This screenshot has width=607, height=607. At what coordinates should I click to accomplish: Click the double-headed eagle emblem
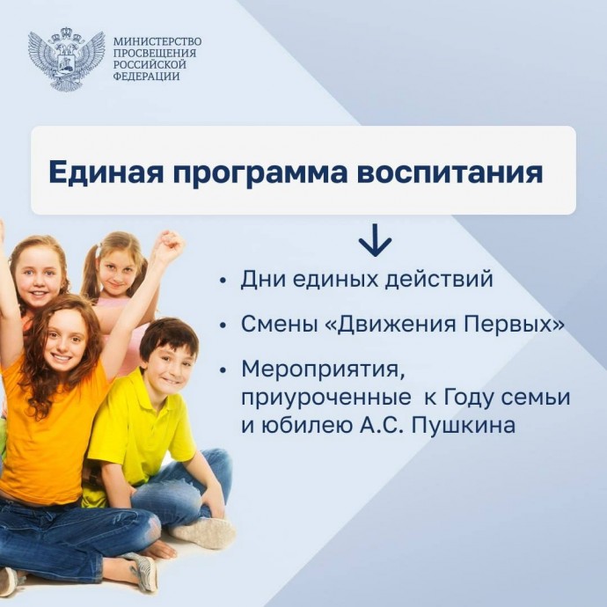click(x=66, y=58)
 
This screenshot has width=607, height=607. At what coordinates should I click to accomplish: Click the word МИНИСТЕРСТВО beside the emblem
click(x=157, y=41)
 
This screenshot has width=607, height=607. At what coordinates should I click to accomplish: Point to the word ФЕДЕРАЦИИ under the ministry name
click(x=146, y=76)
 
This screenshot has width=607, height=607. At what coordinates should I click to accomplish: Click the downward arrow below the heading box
click(x=375, y=240)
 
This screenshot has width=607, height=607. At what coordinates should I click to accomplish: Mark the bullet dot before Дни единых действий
click(x=223, y=281)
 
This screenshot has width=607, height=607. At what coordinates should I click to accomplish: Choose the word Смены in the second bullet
click(x=277, y=325)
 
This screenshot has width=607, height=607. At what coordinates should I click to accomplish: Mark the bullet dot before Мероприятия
click(x=223, y=370)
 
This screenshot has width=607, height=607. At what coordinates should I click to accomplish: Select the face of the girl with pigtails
click(x=116, y=274)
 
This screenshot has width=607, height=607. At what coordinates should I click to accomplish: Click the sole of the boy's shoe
click(x=204, y=531)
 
